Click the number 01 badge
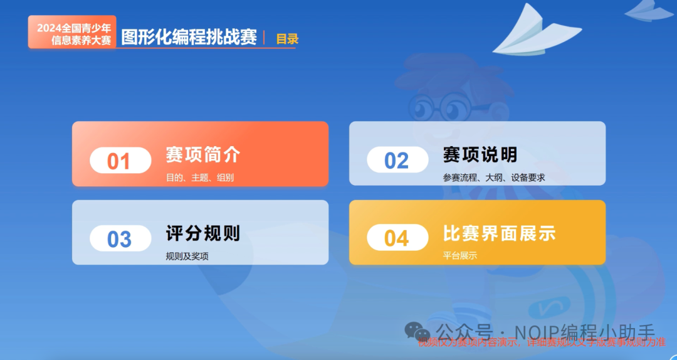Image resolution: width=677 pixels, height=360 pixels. (120, 161)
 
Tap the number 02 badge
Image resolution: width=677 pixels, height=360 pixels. (397, 160)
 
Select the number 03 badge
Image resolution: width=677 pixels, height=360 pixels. (120, 239)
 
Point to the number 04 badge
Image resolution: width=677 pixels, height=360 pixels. (397, 238)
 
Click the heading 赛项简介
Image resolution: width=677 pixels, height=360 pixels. (203, 154)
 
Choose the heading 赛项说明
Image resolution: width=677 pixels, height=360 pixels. (480, 154)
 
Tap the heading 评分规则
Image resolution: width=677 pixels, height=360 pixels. (203, 233)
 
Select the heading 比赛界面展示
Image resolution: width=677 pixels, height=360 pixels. (499, 233)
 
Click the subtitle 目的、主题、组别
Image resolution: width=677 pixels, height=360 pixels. (200, 177)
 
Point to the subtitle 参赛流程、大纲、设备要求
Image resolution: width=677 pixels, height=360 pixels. (494, 177)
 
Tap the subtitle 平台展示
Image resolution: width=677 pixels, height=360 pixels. (460, 256)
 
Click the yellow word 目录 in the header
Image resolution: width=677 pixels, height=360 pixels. (287, 39)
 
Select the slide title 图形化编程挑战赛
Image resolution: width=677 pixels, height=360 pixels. (189, 37)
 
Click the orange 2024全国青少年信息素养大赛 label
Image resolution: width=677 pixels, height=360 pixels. (73, 33)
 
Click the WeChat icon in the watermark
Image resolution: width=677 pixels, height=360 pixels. (416, 331)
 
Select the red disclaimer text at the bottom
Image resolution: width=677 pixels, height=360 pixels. (542, 342)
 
